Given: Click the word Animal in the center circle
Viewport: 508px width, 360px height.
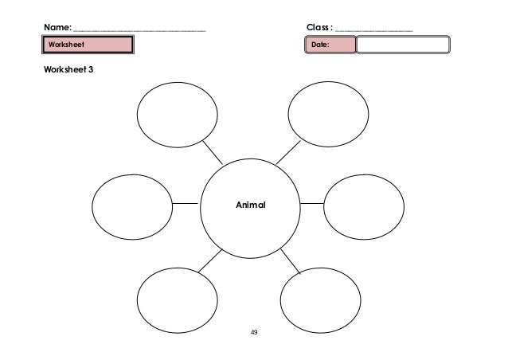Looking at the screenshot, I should coord(250,205).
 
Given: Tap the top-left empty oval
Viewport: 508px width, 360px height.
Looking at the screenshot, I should coord(176,113).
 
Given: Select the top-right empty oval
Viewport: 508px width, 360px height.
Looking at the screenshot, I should coord(326,112).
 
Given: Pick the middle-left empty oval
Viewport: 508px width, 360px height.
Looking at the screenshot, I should coord(132,205).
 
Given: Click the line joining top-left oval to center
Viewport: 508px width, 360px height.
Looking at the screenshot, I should coord(213,153).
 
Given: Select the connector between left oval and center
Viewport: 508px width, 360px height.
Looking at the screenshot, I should coord(186,204).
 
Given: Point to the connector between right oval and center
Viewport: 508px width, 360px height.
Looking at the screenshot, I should coord(312,203).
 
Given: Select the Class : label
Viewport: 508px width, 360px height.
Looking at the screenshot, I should coord(320,29).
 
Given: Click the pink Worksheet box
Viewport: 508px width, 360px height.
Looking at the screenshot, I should coord(88,45).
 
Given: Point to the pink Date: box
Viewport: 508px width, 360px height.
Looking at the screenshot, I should coord(330,45).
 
